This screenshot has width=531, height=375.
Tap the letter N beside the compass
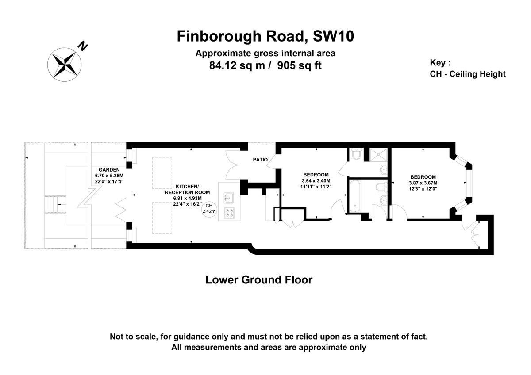pos(83,46)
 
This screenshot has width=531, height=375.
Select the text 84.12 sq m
pos(235,66)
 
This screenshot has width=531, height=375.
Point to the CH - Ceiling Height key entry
pos(467,74)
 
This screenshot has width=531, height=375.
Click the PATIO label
pos(260,160)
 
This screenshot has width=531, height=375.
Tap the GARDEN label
pos(108,169)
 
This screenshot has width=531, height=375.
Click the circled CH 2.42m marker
pos(208,209)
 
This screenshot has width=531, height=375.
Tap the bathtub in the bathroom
pos(356,195)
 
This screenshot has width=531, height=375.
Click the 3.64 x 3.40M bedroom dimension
pos(316,180)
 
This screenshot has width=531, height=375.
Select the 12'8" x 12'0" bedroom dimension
pos(423,189)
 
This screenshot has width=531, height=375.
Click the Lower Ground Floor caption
pos(259,280)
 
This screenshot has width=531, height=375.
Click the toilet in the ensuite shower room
pos(356,155)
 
